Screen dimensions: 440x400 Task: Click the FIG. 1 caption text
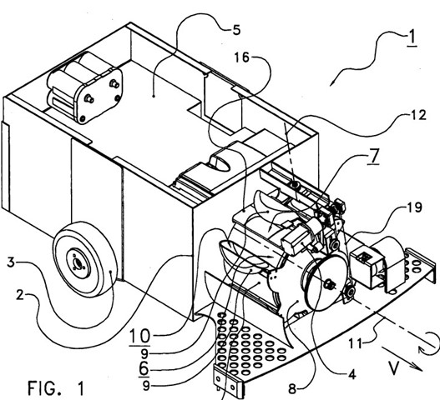(x=56, y=387)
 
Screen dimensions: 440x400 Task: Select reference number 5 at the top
(x=236, y=30)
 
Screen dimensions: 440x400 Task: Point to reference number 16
(x=242, y=57)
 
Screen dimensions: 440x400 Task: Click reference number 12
(x=418, y=115)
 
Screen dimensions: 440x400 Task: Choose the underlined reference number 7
(x=373, y=156)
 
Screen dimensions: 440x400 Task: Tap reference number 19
(x=414, y=207)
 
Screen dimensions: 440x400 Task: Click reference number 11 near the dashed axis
(x=355, y=343)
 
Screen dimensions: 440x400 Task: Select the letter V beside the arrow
(x=394, y=367)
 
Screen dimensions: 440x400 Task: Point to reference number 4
(x=351, y=374)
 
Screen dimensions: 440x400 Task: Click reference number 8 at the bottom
(x=292, y=389)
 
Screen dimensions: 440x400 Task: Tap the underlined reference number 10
(x=139, y=337)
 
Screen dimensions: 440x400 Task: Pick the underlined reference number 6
(x=144, y=369)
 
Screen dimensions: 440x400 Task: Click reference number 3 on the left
(x=10, y=262)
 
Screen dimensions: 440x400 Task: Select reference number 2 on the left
(x=20, y=295)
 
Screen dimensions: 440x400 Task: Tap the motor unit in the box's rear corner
(x=84, y=87)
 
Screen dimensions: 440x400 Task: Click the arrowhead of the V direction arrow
(x=418, y=368)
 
